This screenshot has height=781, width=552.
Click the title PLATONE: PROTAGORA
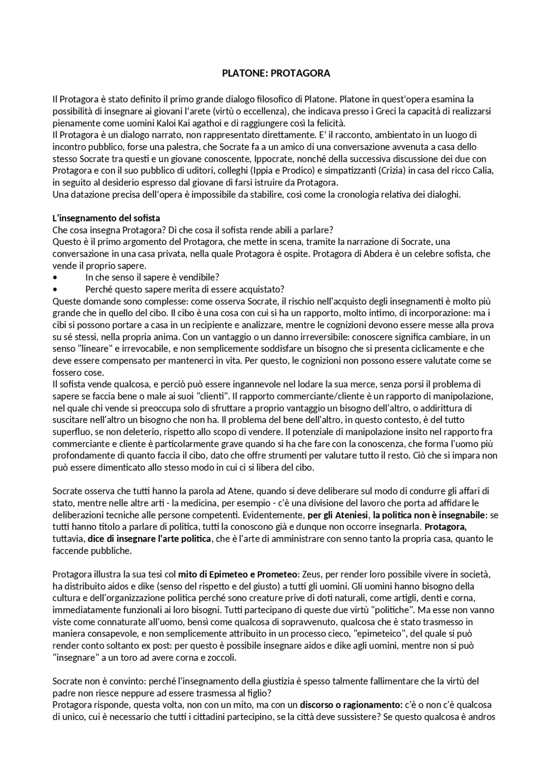coord(276,73)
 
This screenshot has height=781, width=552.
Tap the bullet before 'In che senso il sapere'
coord(55,277)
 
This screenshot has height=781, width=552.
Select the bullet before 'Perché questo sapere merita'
coord(55,289)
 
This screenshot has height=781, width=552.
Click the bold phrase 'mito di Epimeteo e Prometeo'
coord(238,574)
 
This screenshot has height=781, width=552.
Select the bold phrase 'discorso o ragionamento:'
coord(351,705)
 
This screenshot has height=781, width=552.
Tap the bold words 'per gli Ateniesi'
coord(338,515)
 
